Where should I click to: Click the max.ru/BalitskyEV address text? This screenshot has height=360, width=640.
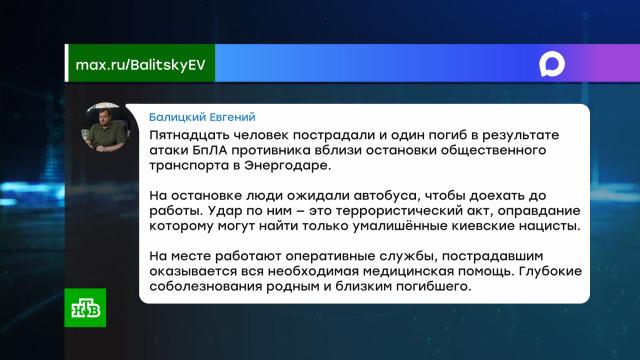click(x=140, y=65)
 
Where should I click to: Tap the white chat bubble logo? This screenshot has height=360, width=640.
click(x=552, y=64)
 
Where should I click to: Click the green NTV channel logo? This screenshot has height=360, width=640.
click(x=85, y=308)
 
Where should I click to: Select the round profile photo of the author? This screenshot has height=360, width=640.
click(x=106, y=127)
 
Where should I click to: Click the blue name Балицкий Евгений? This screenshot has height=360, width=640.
click(x=202, y=117)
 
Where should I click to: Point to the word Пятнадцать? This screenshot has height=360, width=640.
click(x=190, y=135)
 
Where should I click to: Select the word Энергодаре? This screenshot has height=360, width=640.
click(x=288, y=166)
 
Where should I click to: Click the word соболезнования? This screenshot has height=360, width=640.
click(x=206, y=287)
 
